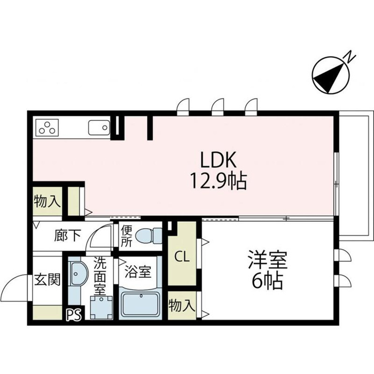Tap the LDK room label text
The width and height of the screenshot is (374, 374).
tap(219, 159)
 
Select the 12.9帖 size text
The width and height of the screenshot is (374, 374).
tap(219, 182)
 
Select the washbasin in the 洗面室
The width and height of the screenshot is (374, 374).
tap(78, 275)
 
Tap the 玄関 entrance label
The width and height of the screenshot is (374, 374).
tap(48, 279)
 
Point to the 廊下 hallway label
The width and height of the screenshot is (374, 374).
tap(66, 236)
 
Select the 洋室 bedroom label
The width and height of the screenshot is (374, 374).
tap(267, 261)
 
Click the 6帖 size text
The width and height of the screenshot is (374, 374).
tap(267, 281)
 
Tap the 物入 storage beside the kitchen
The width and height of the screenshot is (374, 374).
tap(47, 202)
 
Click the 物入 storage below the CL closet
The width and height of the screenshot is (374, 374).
tap(181, 306)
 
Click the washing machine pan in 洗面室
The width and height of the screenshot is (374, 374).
tap(101, 307)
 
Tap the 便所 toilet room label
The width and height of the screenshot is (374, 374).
tap(126, 236)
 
